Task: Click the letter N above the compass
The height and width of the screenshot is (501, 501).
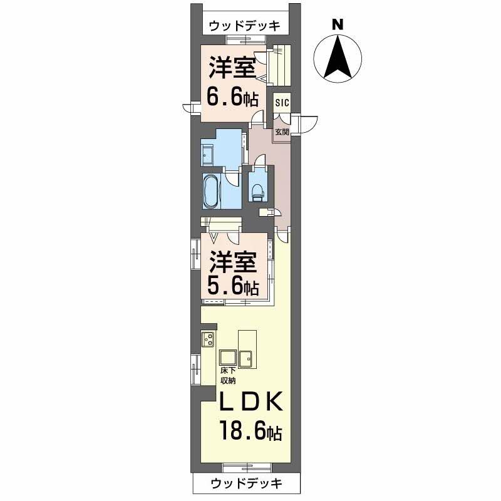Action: tap(338, 24)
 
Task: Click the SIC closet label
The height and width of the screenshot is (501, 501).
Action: tap(282, 103)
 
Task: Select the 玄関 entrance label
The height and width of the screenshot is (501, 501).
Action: tap(282, 132)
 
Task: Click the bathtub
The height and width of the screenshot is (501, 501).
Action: tap(212, 192)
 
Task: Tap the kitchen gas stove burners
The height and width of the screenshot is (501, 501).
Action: tap(208, 339)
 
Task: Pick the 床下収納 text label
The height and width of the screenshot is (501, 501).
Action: tap(228, 375)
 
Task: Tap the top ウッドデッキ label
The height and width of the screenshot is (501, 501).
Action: tap(245, 26)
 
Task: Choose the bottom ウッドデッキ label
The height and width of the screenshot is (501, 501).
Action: tap(247, 483)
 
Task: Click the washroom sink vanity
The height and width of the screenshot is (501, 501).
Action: tap(209, 155)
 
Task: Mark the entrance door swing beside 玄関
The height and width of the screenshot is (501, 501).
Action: tap(305, 124)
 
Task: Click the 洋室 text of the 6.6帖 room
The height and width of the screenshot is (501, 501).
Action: tap(232, 68)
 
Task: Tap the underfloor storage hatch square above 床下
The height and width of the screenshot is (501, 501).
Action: tap(227, 358)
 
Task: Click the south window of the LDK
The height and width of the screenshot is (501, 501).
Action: tap(247, 467)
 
